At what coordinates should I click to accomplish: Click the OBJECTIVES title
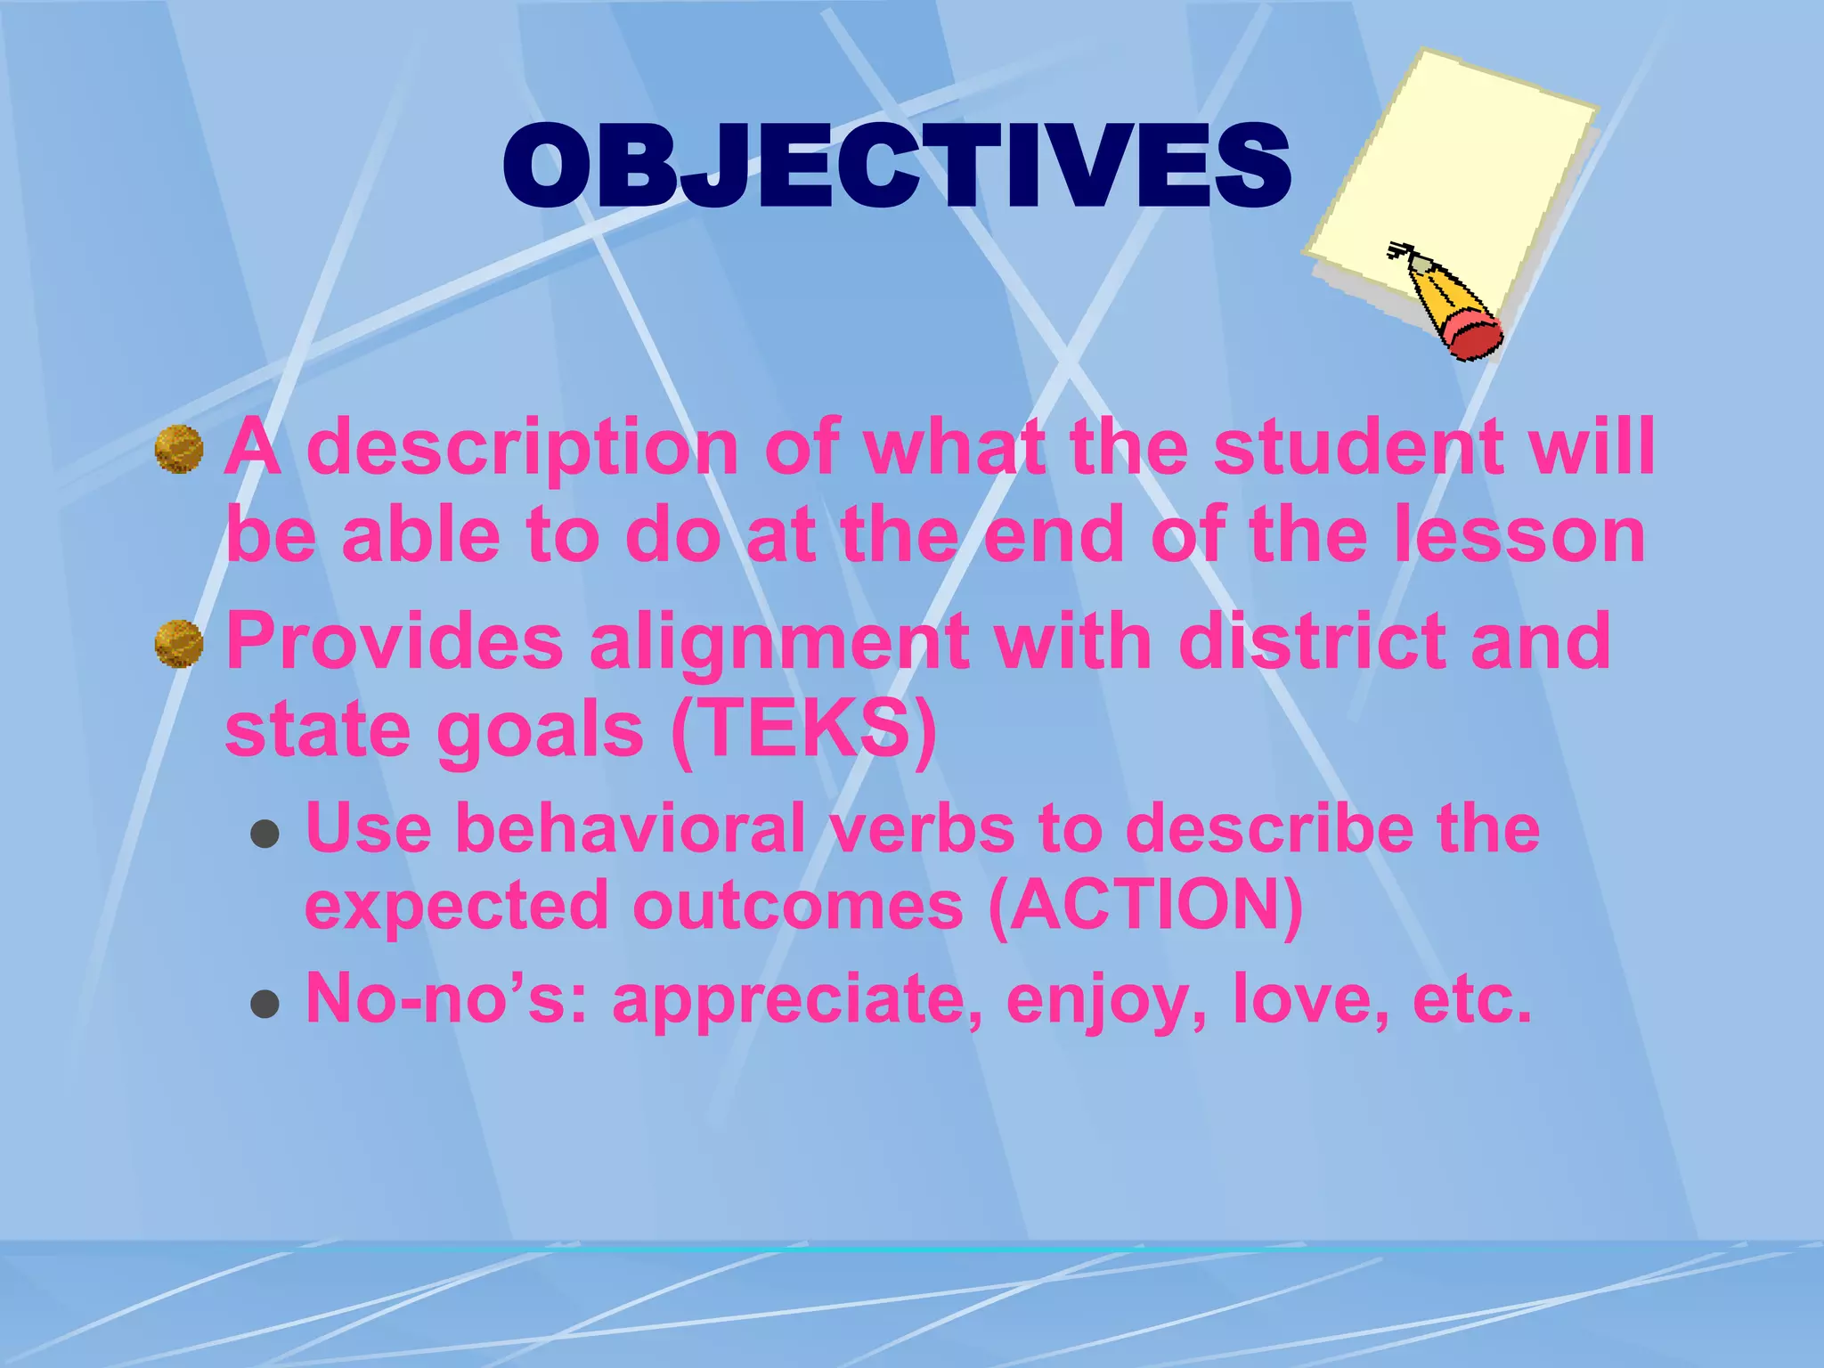897,167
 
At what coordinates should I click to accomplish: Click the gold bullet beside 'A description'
179,449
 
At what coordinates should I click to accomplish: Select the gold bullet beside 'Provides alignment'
179,644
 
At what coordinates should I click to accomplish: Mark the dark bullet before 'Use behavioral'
265,835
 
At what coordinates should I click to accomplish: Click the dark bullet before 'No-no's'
265,1004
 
